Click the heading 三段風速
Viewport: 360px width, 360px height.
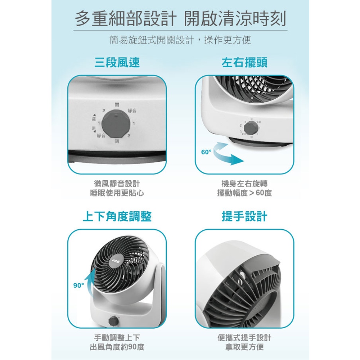[117, 63]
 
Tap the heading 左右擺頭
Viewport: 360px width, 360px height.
[244, 63]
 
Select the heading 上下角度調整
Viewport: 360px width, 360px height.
[117, 216]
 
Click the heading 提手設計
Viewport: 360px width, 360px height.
[244, 216]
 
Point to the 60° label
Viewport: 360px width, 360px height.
[206, 152]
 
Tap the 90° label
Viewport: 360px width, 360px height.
[78, 285]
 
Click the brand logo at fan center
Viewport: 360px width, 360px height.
[116, 260]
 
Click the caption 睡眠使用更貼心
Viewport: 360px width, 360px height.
[117, 193]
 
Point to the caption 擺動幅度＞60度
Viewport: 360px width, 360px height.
[244, 193]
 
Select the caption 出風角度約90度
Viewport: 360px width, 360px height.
[117, 347]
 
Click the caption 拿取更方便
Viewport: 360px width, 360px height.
[244, 347]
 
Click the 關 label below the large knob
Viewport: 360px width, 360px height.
[117, 141]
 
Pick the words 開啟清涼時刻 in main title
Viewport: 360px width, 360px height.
[235, 19]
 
